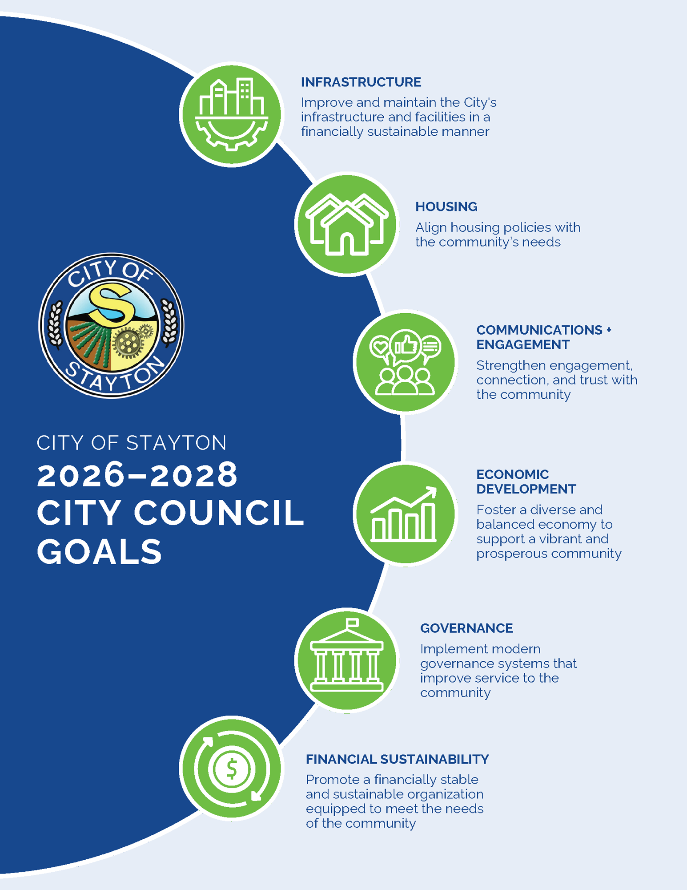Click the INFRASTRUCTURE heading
coord(361,82)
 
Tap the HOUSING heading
coord(446,207)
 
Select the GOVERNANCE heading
coord(466,628)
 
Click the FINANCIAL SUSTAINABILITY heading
coord(397,759)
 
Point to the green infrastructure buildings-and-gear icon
coord(232,114)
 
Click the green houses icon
coord(347,224)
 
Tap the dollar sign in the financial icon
coord(232,769)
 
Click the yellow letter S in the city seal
coord(111,305)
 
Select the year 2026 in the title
coord(80,475)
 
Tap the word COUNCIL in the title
coord(219,513)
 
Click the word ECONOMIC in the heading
coord(512,474)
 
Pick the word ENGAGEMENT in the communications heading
coord(522,345)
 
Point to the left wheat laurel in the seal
coord(55,324)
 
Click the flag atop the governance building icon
coord(352,623)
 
